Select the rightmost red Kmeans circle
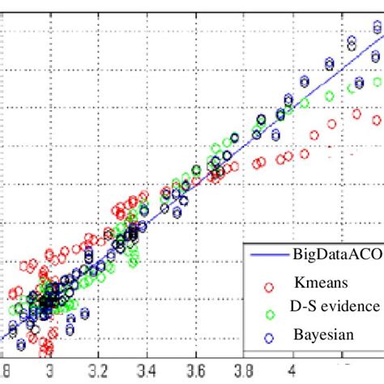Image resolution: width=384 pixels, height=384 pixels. [x=377, y=120]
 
